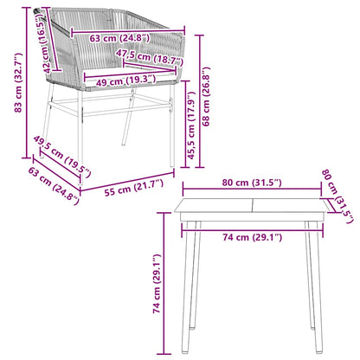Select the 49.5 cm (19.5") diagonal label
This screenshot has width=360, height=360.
63,158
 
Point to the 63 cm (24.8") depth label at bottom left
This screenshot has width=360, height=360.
53,185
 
